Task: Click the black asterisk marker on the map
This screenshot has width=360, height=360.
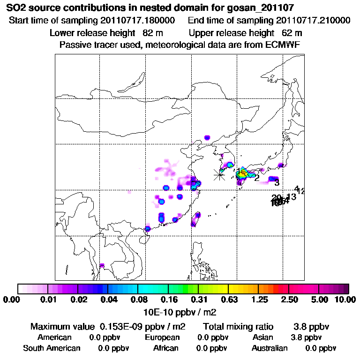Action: pyautogui.click(x=219, y=175)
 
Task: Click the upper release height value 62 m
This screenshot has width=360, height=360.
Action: pyautogui.click(x=292, y=33)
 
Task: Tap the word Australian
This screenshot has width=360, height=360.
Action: pyautogui.click(x=270, y=348)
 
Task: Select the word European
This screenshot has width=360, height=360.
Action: pyautogui.click(x=162, y=337)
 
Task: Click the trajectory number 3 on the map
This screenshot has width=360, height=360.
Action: pyautogui.click(x=277, y=182)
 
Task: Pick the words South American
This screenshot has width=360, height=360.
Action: pyautogui.click(x=52, y=348)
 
